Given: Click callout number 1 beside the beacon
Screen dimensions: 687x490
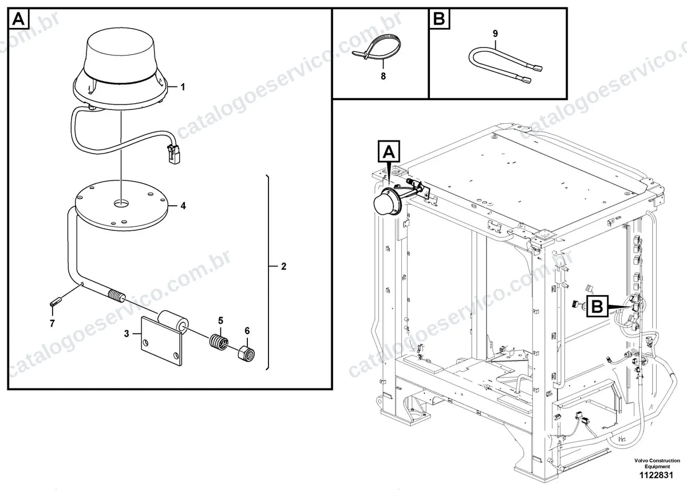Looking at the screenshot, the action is click(183, 87).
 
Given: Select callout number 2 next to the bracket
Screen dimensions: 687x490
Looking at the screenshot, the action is click(283, 266).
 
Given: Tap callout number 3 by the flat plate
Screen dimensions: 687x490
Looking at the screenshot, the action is click(127, 334).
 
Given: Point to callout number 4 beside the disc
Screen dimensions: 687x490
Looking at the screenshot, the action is click(183, 206).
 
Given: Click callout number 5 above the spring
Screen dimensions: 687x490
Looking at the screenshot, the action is click(221, 320).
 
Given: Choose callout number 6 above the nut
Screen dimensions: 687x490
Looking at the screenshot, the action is click(247, 331).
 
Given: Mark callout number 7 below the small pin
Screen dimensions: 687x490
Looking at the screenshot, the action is click(52, 323).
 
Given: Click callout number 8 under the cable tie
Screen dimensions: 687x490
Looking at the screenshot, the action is click(383, 76).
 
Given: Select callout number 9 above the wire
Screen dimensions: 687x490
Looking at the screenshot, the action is click(495, 33).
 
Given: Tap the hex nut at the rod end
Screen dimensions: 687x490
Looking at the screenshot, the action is click(247, 354).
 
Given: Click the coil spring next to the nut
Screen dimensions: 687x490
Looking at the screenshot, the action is click(219, 342).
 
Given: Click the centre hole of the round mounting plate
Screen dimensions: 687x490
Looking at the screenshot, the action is click(121, 203).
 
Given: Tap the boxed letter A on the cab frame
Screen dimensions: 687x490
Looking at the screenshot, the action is click(389, 151).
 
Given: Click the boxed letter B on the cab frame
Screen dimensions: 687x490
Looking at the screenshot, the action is click(597, 306).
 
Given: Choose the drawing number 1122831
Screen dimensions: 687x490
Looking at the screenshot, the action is click(656, 476).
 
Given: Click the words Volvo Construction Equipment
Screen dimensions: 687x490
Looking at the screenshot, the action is click(657, 463).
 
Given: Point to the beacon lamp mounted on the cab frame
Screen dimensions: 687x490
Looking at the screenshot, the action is click(386, 202).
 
